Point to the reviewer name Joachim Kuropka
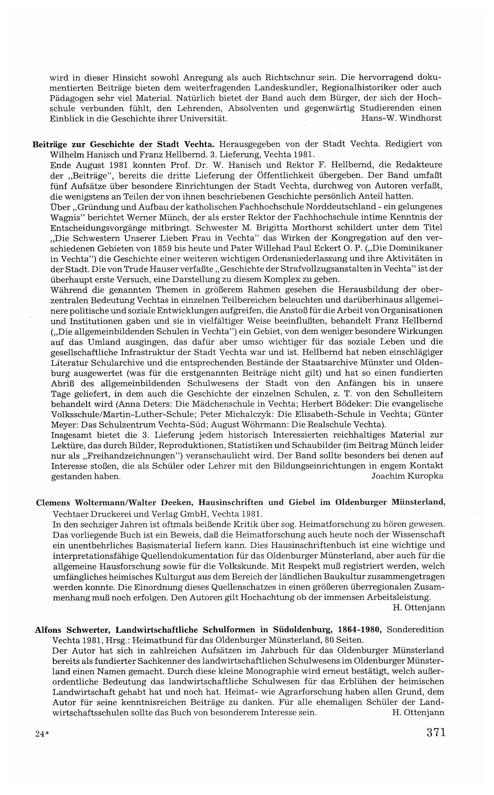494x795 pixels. pyautogui.click(x=407, y=476)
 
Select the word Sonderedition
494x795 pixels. pyautogui.click(x=415, y=630)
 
